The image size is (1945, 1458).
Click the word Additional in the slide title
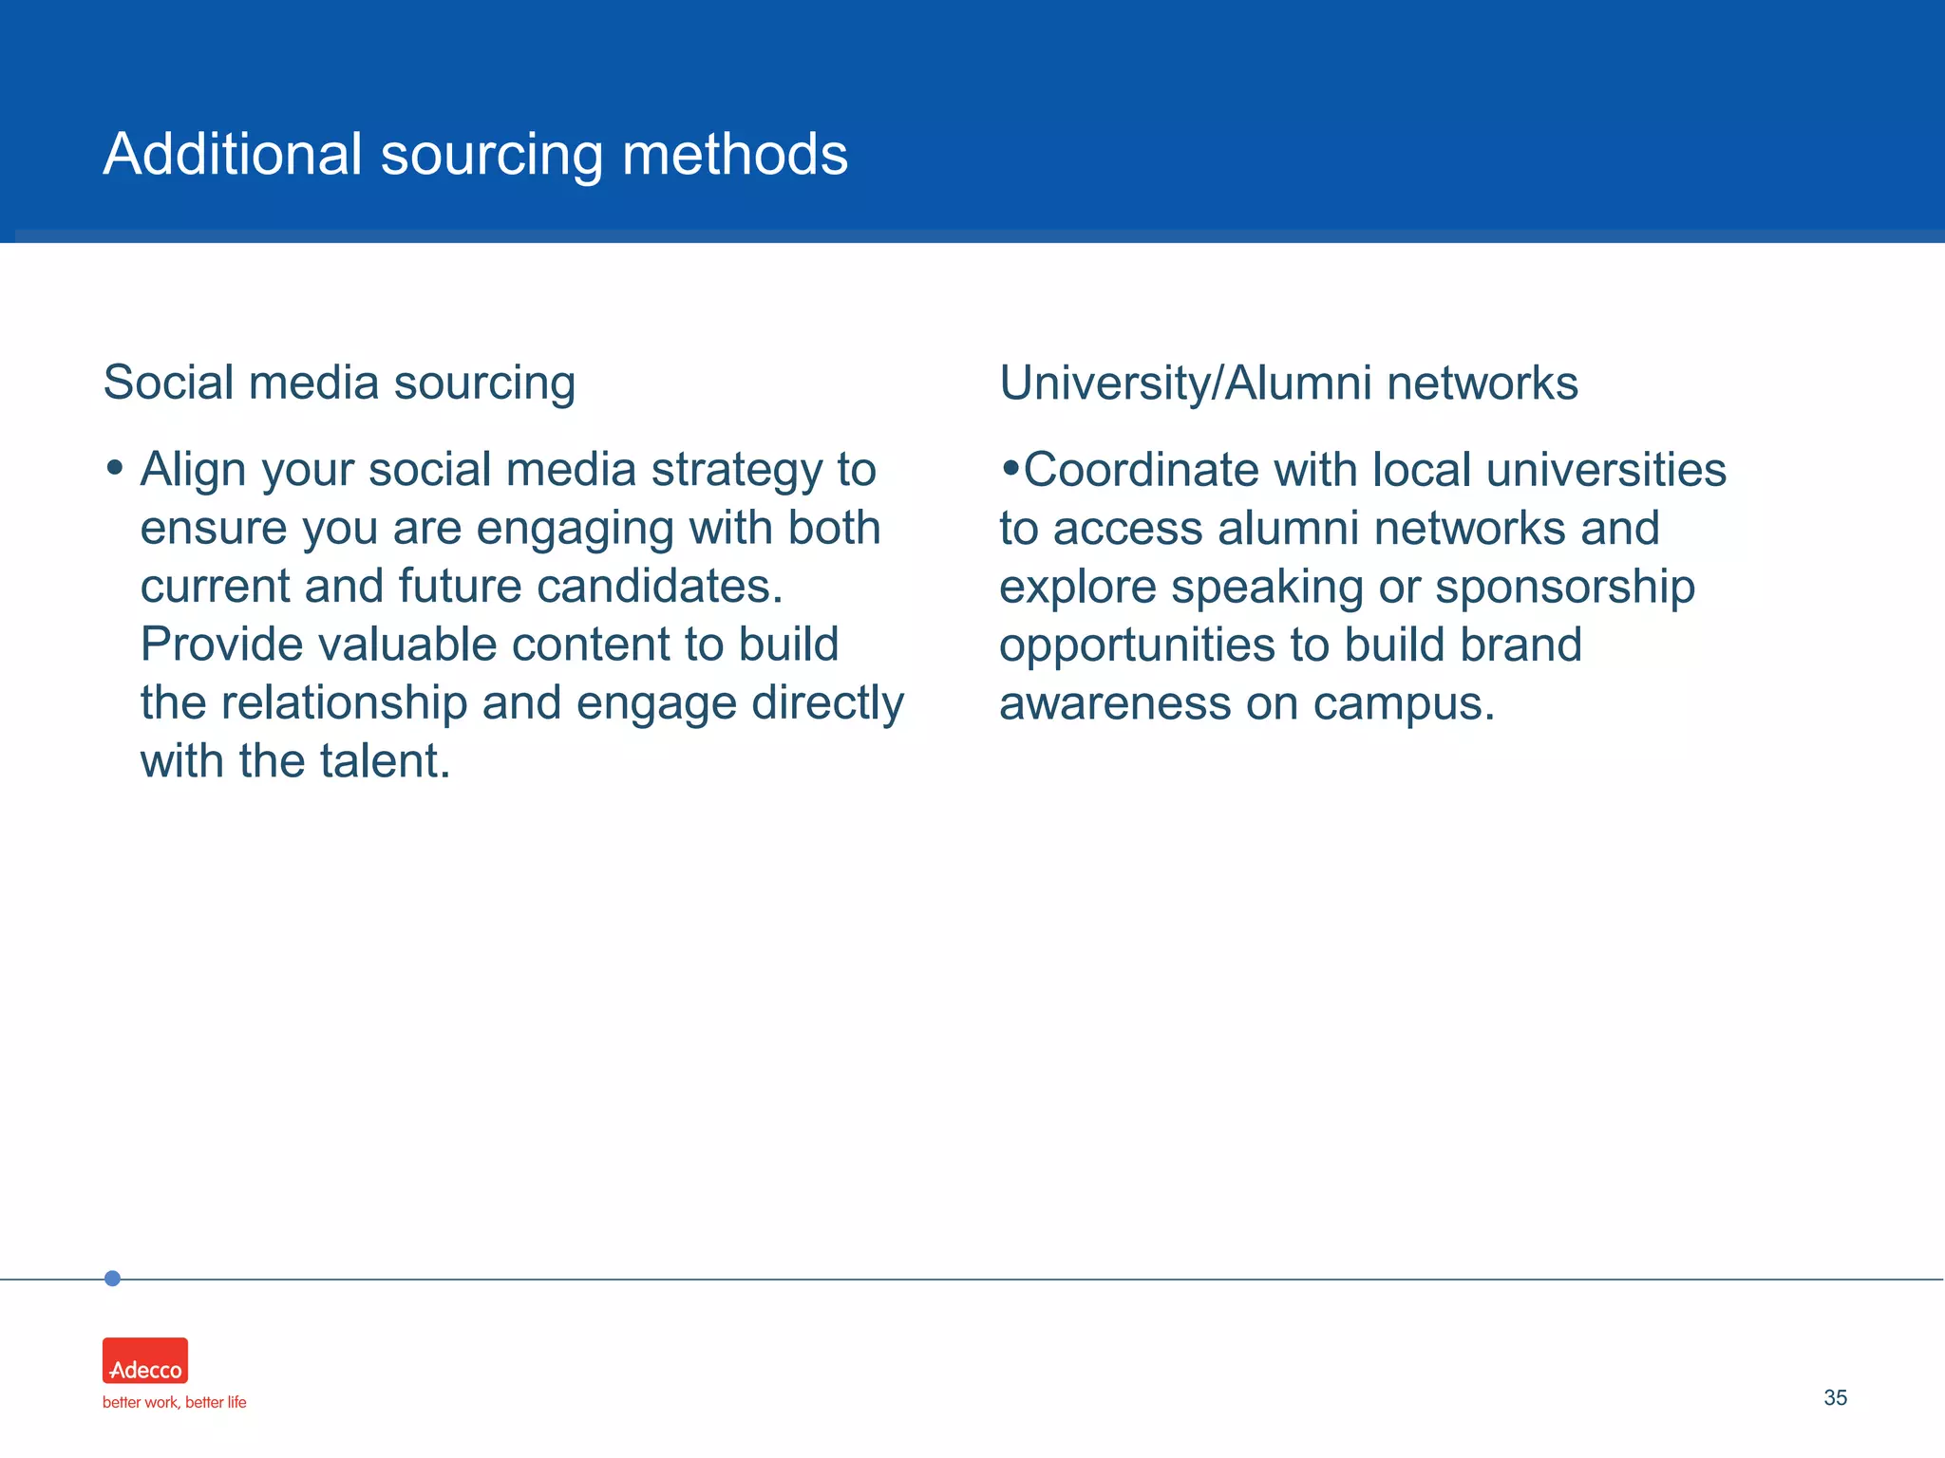coord(233,154)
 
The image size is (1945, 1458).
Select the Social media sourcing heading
coord(339,383)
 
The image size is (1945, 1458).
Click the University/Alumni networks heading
coord(1288,383)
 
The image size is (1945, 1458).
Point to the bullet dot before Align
coord(115,467)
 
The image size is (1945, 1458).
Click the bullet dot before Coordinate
coord(1010,467)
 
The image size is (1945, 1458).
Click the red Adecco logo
coord(145,1360)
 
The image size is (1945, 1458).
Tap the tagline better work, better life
coord(174,1403)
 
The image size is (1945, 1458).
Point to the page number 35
coord(1835,1398)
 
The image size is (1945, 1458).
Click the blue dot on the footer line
coord(112,1279)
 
